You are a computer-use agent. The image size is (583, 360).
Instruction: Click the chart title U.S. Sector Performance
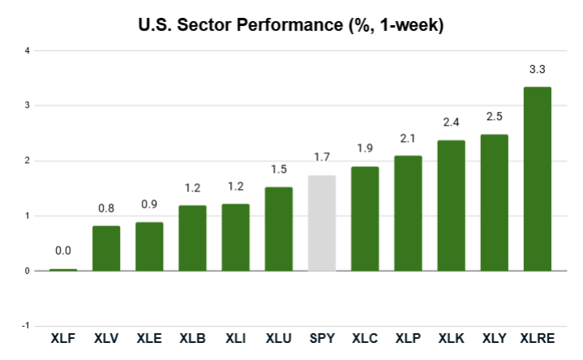coord(291,25)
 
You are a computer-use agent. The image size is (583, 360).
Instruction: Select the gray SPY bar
coord(322,223)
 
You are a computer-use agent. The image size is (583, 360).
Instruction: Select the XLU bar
coord(279,229)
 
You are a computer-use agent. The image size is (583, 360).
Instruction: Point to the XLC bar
coord(365,218)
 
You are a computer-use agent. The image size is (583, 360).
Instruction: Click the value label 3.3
coord(538,71)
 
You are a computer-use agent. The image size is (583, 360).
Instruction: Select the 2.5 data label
coord(495,118)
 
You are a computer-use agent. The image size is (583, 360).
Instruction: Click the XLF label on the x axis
coord(63,337)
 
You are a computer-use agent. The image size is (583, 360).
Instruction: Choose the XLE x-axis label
coord(149,337)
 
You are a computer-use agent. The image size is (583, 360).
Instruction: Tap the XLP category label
coord(408,337)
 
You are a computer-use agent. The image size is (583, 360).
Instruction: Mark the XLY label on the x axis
coord(495,337)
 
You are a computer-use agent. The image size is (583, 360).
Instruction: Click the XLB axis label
coord(192,337)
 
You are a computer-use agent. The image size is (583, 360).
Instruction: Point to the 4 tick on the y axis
coord(27,50)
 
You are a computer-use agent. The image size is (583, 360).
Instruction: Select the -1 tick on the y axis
coord(25,326)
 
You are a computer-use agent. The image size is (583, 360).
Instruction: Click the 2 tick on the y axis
coord(27,161)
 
